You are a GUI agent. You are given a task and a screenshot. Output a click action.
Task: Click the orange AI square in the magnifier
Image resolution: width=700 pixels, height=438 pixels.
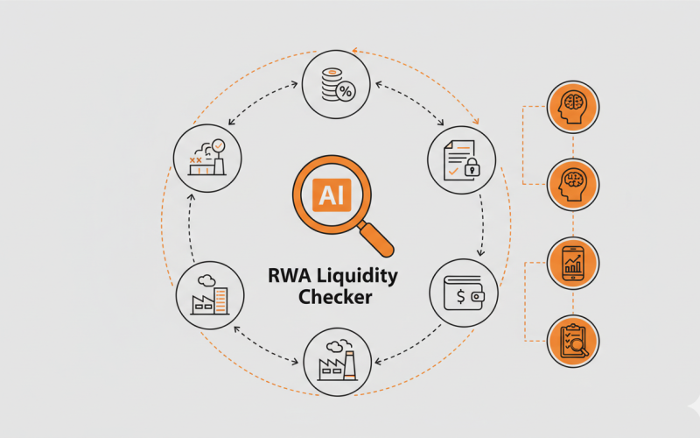(332, 194)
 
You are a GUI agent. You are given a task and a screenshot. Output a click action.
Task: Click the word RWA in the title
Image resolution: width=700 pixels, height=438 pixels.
(290, 277)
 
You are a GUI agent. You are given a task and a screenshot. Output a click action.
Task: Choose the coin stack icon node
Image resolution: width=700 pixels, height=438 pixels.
(336, 84)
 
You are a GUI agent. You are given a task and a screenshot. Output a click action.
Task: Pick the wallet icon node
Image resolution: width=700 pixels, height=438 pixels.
(462, 293)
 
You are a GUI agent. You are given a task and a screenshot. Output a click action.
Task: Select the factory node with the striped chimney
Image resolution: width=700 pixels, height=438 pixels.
(337, 359)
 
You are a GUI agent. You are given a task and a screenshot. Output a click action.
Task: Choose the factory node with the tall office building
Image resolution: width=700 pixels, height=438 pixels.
(209, 293)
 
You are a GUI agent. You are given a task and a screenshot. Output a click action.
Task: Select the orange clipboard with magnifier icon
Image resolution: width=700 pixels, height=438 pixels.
(572, 342)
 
